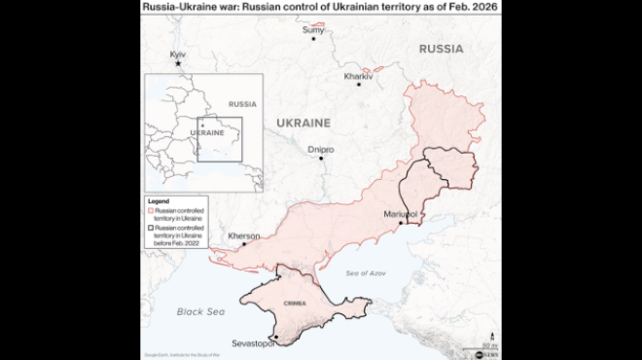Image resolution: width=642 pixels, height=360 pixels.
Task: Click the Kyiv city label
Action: (x=178, y=54)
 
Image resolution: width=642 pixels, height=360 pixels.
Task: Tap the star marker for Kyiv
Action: (x=177, y=64)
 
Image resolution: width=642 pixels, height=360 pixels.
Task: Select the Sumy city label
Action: (x=313, y=30)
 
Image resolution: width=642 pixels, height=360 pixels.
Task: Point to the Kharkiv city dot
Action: (x=359, y=84)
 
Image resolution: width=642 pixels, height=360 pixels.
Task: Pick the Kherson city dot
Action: (x=243, y=244)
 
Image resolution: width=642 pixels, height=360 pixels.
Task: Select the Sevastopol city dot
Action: (x=275, y=338)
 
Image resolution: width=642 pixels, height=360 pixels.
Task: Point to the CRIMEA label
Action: (x=295, y=304)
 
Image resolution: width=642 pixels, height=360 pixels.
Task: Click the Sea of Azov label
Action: (x=367, y=272)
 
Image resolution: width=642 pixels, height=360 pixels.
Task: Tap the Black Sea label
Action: (x=200, y=311)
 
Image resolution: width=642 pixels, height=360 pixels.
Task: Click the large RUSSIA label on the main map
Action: (x=441, y=48)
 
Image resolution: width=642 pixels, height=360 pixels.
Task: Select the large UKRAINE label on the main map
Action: (x=303, y=123)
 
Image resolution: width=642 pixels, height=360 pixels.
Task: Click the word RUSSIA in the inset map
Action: (x=241, y=103)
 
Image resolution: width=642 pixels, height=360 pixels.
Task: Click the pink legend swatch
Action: (x=150, y=210)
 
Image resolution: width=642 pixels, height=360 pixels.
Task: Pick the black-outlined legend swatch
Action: (x=150, y=226)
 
